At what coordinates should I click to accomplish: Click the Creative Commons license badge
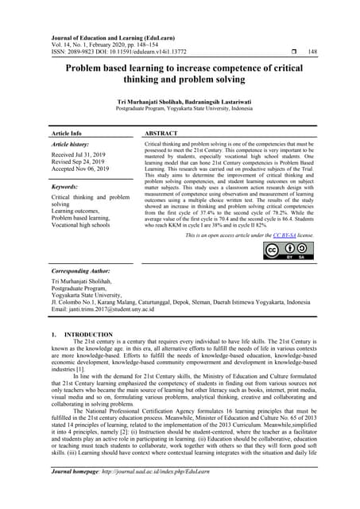(290, 251)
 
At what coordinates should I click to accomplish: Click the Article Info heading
(66, 134)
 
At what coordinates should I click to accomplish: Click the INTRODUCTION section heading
(74, 335)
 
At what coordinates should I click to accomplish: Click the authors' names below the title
(180, 103)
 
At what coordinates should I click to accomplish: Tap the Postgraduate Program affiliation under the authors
(180, 111)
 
